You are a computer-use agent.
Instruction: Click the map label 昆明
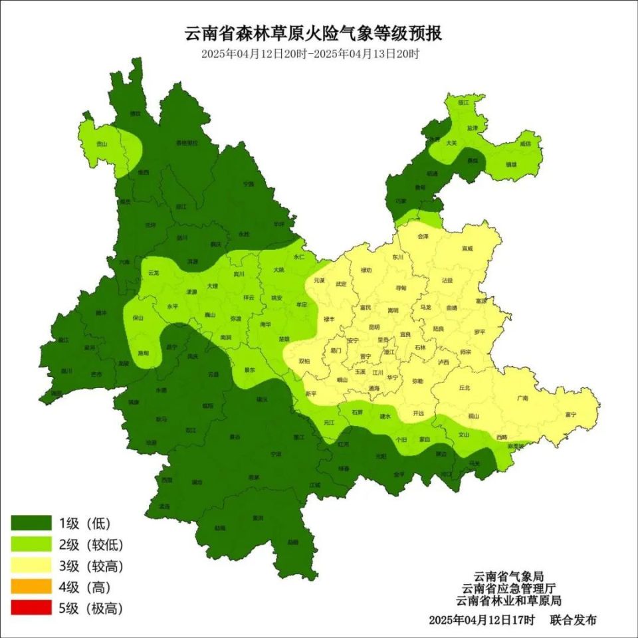click(374, 328)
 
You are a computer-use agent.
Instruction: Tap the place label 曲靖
click(451, 308)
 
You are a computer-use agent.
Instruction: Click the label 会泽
click(421, 236)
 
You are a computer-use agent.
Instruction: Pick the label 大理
click(212, 286)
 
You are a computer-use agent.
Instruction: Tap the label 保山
click(138, 318)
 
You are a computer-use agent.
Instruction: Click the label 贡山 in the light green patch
click(101, 143)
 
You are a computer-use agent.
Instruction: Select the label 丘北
click(465, 387)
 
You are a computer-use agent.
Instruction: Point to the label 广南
click(522, 398)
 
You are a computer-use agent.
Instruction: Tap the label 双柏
click(304, 361)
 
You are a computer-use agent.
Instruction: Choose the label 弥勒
click(417, 381)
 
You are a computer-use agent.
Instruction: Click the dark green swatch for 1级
click(31, 522)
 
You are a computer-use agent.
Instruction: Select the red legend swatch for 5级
click(31, 607)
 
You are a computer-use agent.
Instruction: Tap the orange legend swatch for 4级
click(31, 586)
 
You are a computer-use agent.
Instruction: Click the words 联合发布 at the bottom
click(573, 619)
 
